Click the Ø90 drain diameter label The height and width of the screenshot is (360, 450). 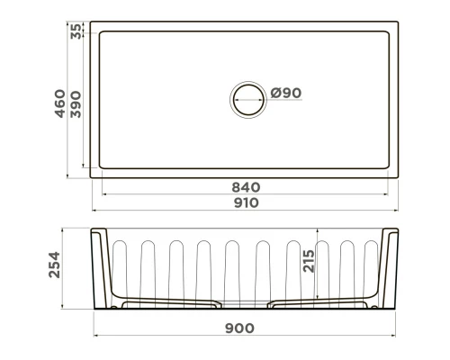(x=285, y=92)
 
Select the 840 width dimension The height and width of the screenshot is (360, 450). (x=246, y=187)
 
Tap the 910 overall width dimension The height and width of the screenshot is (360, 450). (x=246, y=202)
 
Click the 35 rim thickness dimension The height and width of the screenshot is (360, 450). (x=77, y=31)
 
